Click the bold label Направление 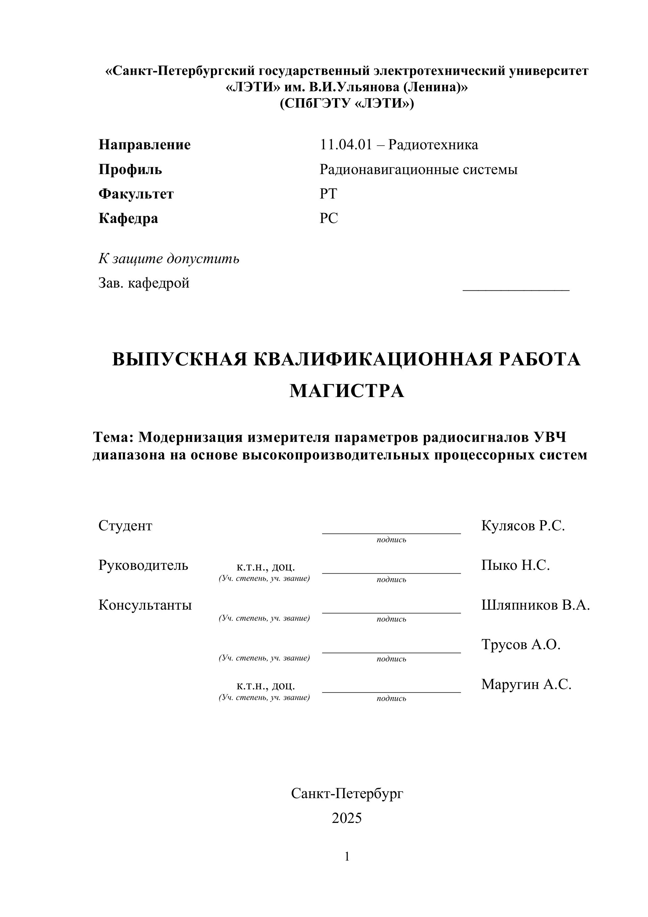pos(144,145)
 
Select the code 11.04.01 pos(346,145)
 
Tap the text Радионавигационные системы pos(418,169)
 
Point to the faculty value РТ pos(328,194)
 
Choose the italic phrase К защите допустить pos(169,259)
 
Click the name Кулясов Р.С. pos(523,526)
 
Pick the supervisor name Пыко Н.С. pos(515,565)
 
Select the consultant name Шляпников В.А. pos(535,605)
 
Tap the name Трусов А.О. pos(520,644)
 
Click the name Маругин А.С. pos(526,684)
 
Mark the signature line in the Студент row pos(391,533)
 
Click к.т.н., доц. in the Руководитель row pos(265,567)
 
